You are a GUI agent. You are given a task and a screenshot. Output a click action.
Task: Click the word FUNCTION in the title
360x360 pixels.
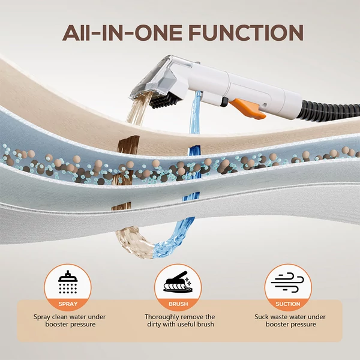(x=246, y=32)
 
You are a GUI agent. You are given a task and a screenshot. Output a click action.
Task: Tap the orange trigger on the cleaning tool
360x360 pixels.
(x=248, y=109)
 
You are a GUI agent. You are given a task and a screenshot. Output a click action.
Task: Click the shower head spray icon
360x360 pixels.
(x=68, y=282)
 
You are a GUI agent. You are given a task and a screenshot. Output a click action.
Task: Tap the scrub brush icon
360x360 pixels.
(x=178, y=282)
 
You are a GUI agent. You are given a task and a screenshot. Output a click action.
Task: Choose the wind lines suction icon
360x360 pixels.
(x=287, y=283)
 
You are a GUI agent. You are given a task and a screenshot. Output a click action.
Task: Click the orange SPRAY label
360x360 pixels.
(x=68, y=304)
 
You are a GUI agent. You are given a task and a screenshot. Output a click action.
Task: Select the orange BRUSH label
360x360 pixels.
(x=178, y=304)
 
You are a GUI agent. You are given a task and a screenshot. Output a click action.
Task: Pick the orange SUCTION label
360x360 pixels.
(x=288, y=304)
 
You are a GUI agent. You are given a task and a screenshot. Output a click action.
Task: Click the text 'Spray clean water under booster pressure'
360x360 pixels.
(x=70, y=320)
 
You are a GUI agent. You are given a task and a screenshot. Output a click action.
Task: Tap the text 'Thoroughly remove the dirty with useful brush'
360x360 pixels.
(x=180, y=320)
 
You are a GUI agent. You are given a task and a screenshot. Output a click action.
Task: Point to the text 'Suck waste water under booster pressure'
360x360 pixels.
(x=290, y=320)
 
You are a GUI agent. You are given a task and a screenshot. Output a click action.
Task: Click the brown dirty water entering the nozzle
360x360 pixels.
(x=138, y=109)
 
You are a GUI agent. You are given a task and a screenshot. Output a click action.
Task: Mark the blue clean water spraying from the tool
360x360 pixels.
(x=194, y=113)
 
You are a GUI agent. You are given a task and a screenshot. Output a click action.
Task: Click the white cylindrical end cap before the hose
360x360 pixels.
(x=293, y=104)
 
